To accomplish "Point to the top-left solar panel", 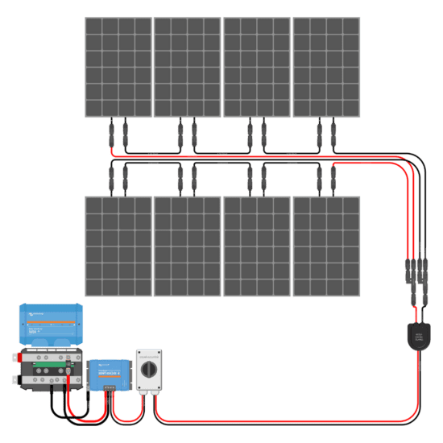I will click(118, 66).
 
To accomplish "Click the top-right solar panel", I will click(326, 66).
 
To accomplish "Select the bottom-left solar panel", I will click(118, 246).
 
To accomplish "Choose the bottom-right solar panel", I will click(326, 246).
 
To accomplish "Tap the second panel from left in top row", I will click(187, 66).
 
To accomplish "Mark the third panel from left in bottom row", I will click(256, 246).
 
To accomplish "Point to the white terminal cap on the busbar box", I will click(14, 379).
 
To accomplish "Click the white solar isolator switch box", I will click(151, 371).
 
